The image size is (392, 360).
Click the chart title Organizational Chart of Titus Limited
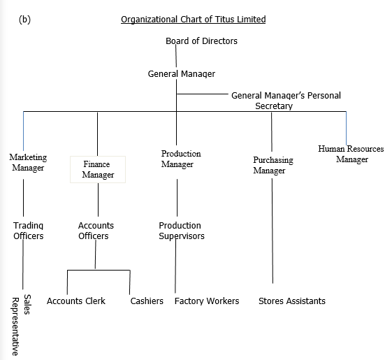pyautogui.click(x=194, y=20)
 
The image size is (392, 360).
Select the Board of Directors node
pyautogui.click(x=201, y=41)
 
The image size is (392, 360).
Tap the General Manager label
pyautogui.click(x=182, y=74)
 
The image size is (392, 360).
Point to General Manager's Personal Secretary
pyautogui.click(x=286, y=101)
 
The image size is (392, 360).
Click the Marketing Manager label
pyautogui.click(x=28, y=162)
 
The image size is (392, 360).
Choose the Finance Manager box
pyautogui.click(x=98, y=169)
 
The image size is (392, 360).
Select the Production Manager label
pyautogui.click(x=181, y=159)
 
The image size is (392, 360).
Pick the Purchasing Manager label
pyautogui.click(x=273, y=165)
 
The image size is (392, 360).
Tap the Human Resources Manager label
pyautogui.click(x=351, y=154)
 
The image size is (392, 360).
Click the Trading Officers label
pyautogui.click(x=28, y=231)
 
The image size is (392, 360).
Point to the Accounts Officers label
pyautogui.click(x=96, y=231)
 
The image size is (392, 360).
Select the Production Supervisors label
pyautogui.click(x=182, y=231)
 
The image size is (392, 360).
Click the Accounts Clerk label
pyautogui.click(x=76, y=301)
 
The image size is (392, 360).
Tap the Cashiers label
pyautogui.click(x=147, y=301)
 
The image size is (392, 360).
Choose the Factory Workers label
pyautogui.click(x=207, y=301)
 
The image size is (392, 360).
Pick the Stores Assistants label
pyautogui.click(x=292, y=301)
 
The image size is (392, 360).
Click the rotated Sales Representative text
pyautogui.click(x=21, y=325)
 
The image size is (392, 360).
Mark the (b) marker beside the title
pyautogui.click(x=24, y=20)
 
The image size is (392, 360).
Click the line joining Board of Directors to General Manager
pyautogui.click(x=176, y=56)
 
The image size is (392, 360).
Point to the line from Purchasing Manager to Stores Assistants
pyautogui.click(x=273, y=231)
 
